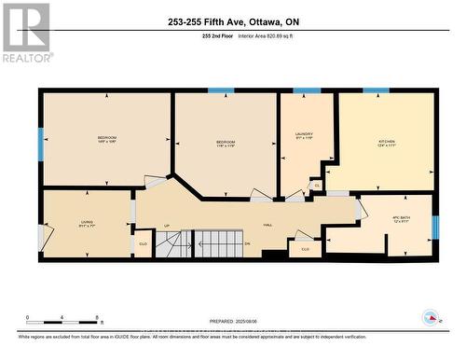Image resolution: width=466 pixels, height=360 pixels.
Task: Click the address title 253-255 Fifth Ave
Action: click(x=233, y=22)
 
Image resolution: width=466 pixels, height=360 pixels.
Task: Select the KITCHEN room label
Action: click(x=386, y=143)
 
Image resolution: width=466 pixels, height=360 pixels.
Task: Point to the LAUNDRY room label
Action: click(x=303, y=136)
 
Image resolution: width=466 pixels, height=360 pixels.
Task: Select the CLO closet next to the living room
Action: click(x=143, y=244)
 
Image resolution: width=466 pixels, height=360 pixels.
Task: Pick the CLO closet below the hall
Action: click(x=305, y=249)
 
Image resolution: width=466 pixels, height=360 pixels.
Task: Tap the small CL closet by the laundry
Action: click(x=317, y=186)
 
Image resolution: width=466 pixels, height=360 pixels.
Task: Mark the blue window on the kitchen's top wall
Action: click(x=376, y=90)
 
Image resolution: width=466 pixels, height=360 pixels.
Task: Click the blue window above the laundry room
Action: click(x=307, y=90)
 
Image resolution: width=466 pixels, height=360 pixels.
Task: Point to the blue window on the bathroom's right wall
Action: click(x=435, y=227)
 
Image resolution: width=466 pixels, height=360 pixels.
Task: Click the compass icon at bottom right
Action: click(x=431, y=317)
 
